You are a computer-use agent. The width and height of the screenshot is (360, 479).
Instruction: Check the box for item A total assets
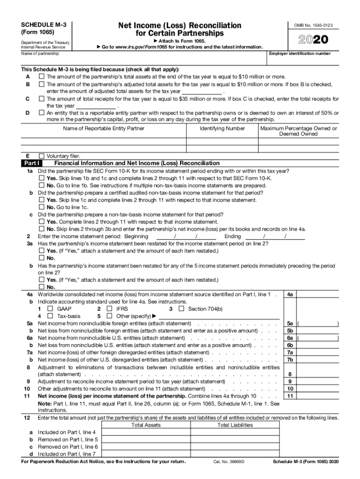[42, 77]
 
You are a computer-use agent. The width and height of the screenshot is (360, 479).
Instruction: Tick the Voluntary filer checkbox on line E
[42, 156]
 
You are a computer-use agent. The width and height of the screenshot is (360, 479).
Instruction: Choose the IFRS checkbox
[109, 309]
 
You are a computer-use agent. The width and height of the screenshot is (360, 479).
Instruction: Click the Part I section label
[32, 163]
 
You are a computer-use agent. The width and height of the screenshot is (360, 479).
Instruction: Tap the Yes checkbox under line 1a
[42, 178]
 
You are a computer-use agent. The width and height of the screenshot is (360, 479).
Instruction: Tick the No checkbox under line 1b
[42, 207]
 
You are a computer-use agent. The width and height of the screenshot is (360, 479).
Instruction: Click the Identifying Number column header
[222, 128]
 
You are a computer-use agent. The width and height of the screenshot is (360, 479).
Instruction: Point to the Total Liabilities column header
[235, 425]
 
